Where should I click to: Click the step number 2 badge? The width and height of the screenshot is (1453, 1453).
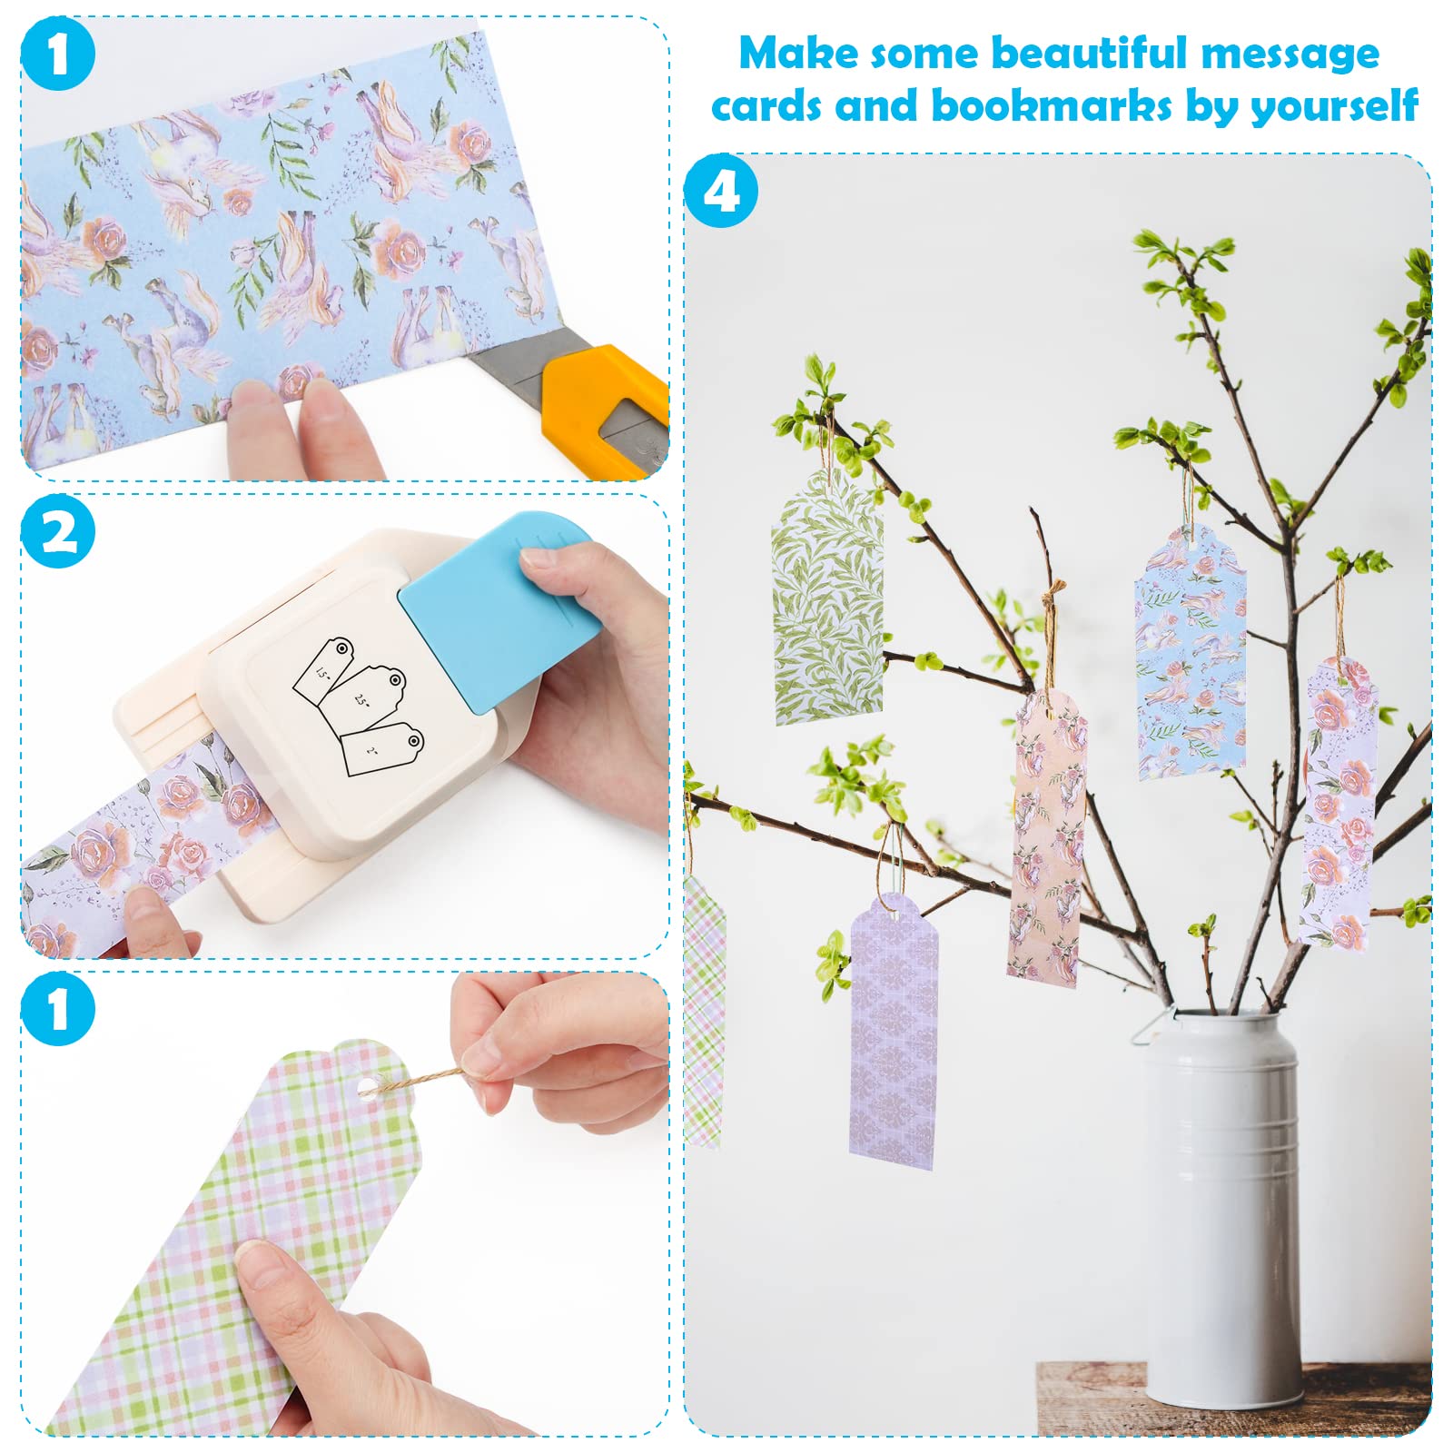58,530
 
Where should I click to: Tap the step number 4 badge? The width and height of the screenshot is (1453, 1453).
721,191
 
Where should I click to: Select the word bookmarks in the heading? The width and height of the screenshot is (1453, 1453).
1052,105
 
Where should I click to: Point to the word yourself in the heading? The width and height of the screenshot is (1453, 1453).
1334,107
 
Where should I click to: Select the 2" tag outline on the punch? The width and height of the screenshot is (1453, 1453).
382,749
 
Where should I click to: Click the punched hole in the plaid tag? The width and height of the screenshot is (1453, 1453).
367,1087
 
